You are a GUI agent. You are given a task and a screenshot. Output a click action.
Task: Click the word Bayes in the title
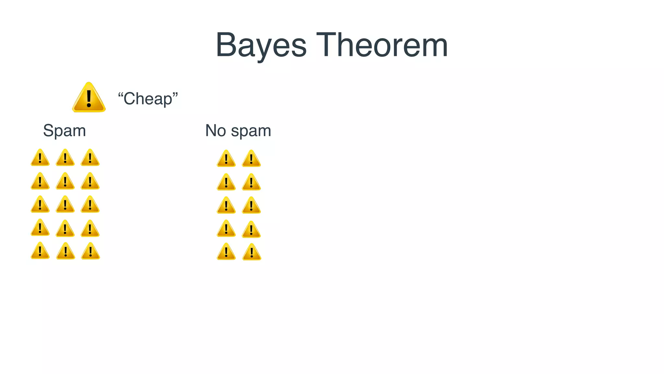click(x=261, y=45)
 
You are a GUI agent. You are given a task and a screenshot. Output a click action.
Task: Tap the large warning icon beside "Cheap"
click(x=89, y=98)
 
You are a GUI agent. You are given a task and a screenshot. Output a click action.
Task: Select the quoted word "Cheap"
click(x=148, y=99)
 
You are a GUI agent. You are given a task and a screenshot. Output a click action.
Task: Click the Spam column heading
click(x=65, y=131)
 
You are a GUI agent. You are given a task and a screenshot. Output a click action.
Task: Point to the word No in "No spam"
click(x=216, y=131)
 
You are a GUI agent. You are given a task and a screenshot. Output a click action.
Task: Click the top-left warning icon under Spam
click(x=40, y=158)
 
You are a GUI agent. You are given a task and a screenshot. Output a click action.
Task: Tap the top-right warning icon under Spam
click(x=90, y=158)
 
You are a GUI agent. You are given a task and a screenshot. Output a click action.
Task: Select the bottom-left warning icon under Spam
click(x=40, y=251)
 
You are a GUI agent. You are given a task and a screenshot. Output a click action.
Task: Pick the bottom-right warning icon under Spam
click(x=90, y=252)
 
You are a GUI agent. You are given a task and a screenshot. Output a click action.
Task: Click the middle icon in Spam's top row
click(x=65, y=158)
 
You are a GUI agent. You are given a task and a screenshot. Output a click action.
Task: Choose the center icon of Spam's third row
click(x=65, y=205)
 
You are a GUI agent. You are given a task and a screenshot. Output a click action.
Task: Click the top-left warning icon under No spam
click(x=226, y=159)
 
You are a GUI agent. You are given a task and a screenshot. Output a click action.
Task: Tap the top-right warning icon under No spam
click(x=251, y=159)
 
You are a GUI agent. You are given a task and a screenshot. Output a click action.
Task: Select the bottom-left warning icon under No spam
click(x=226, y=252)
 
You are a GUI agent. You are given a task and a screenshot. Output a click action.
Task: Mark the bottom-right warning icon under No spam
click(x=252, y=253)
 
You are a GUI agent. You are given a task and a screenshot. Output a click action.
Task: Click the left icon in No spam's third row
click(x=226, y=206)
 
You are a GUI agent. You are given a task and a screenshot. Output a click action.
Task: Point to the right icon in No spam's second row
click(x=251, y=182)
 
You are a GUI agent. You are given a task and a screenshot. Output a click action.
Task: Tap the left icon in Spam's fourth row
click(x=40, y=228)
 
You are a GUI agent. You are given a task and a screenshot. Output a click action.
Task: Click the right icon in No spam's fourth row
click(x=251, y=230)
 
